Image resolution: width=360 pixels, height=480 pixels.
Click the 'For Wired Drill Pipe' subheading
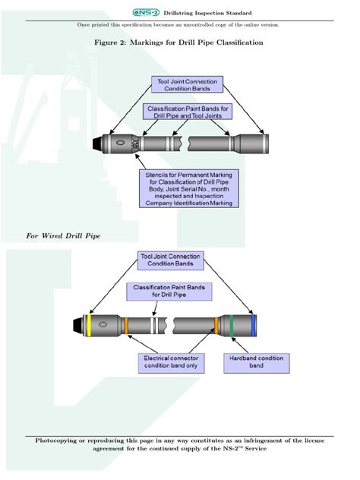tap(64, 235)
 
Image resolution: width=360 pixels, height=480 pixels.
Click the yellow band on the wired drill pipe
tap(90, 325)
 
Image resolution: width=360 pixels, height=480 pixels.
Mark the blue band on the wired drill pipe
tap(254, 325)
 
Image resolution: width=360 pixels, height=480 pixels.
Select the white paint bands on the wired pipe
tap(156, 325)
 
